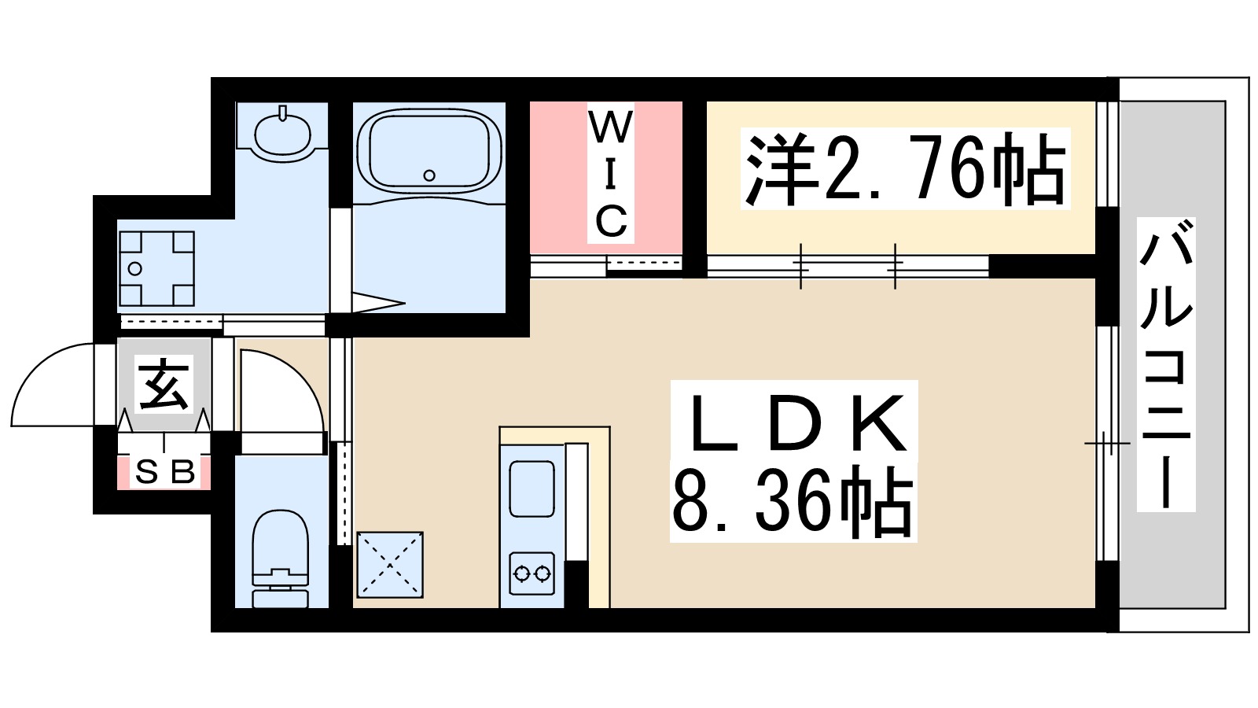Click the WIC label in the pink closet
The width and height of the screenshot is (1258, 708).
tap(610, 175)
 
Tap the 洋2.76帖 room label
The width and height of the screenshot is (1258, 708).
tap(905, 170)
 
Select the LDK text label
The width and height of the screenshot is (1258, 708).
tap(794, 424)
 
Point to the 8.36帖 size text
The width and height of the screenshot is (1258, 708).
tap(793, 503)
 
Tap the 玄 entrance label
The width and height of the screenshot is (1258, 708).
tap(164, 385)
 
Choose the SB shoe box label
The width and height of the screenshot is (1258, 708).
tap(164, 472)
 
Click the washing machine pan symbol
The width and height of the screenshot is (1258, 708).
tap(156, 268)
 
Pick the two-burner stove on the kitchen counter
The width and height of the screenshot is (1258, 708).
tap(532, 573)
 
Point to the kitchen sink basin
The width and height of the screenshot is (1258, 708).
tap(532, 489)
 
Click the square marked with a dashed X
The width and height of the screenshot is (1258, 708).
tap(390, 564)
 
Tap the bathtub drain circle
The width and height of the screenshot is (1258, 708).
tap(429, 175)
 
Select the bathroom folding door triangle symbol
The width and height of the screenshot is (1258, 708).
tap(378, 302)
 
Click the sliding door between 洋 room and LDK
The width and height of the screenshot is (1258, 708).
tap(848, 267)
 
